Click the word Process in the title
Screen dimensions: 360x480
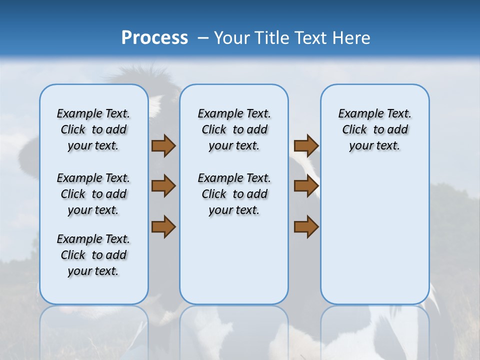154,37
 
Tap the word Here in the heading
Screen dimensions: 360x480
352,38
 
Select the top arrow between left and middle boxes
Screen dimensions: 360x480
163,145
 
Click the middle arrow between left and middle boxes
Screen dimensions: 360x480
163,186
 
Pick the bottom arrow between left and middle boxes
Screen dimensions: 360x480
163,226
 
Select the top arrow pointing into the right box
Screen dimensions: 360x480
306,145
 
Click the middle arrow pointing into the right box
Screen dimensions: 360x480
306,186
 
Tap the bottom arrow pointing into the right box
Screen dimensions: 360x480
306,226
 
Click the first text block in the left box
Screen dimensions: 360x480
93,129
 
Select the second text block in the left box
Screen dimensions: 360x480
93,194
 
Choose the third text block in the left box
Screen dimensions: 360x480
93,255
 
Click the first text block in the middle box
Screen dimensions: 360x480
234,129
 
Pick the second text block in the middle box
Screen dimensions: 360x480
234,194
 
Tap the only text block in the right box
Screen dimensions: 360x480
374,129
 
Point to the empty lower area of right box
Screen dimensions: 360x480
374,235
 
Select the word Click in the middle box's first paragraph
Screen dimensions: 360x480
214,130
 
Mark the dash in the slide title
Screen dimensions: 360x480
203,38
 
